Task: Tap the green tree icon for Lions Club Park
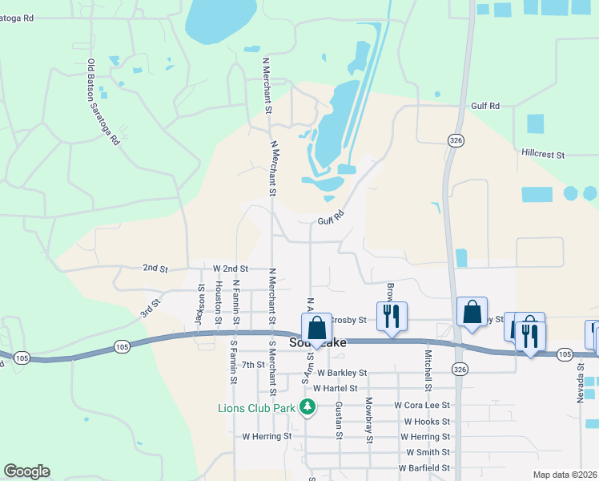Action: coord(308,407)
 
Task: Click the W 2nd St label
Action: coord(231,269)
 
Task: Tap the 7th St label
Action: coord(253,365)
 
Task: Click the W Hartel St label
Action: coord(336,388)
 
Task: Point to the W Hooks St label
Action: coord(427,421)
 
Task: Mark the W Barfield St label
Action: coord(424,467)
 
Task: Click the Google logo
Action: coord(26,471)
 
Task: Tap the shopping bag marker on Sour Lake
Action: coord(316,328)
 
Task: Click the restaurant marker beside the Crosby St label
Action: coord(392,315)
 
